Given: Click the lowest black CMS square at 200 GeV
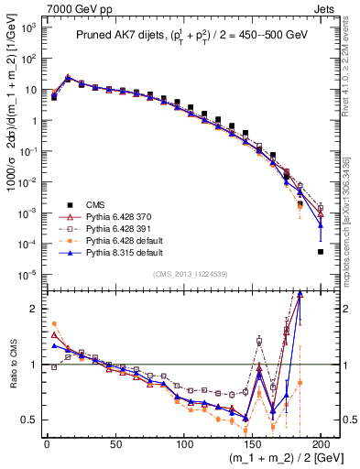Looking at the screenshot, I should click(x=321, y=251).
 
